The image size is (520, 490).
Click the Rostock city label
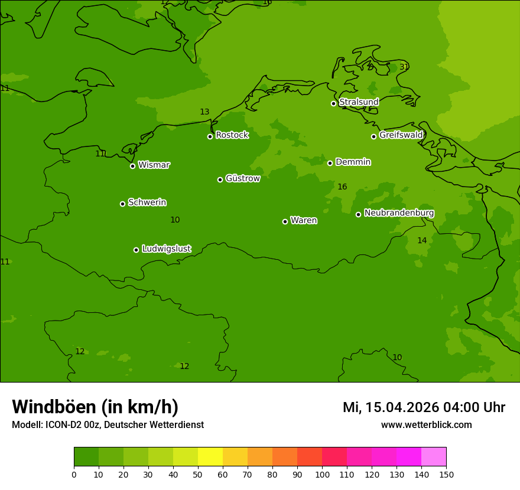point(232,135)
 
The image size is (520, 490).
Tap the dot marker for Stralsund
point(333,103)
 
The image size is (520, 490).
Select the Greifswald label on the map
point(401,135)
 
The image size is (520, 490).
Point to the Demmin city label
point(353,162)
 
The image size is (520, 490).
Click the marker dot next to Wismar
point(132,166)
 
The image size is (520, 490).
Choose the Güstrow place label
point(242,178)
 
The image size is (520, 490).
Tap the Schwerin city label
point(147,202)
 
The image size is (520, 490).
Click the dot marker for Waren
point(285,221)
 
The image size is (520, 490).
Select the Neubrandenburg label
point(399,213)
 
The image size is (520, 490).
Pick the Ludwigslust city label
point(166,249)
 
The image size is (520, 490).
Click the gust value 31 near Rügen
point(404,67)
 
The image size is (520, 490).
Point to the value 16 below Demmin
point(342,187)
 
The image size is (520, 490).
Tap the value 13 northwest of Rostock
point(204,112)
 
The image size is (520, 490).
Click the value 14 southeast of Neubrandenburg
point(422,240)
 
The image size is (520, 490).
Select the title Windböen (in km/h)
point(95,407)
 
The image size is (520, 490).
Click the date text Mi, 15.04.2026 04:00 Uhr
point(424,407)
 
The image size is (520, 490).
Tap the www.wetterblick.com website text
point(426,425)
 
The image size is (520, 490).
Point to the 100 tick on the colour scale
point(322,474)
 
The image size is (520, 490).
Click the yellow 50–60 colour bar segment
point(210,456)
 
